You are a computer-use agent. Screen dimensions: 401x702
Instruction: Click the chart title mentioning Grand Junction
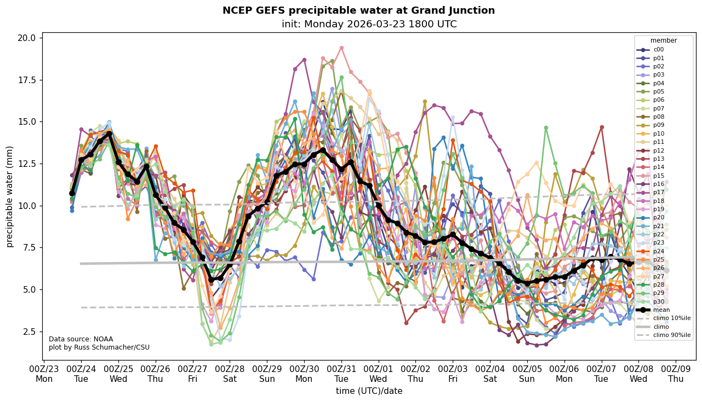pos(358,10)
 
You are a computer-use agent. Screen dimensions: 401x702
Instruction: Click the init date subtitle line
pos(369,24)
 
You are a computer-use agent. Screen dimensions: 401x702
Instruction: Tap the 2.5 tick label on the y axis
pos(29,332)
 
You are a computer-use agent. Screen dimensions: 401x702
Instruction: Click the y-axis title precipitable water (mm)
pos(10,196)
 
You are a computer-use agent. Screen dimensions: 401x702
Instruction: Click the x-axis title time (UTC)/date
pos(369,391)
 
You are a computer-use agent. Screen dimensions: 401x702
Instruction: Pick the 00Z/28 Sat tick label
pos(230,374)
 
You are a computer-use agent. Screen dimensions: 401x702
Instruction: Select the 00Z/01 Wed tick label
pos(378,374)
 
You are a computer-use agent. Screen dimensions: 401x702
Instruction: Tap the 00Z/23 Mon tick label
pos(44,374)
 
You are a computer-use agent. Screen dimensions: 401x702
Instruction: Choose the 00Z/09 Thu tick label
pos(675,374)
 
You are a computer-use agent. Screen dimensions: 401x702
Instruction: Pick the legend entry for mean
pos(661,310)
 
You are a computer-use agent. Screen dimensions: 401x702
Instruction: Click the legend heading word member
pos(664,40)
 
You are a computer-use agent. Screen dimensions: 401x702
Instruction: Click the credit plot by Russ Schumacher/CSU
pos(99,347)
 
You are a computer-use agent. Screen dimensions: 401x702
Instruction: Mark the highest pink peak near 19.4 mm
pos(341,48)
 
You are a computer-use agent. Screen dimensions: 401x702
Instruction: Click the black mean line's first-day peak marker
pos(109,133)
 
